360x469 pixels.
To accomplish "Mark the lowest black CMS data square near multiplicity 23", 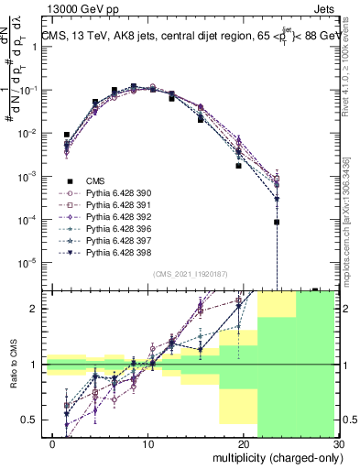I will (x=276, y=222).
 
